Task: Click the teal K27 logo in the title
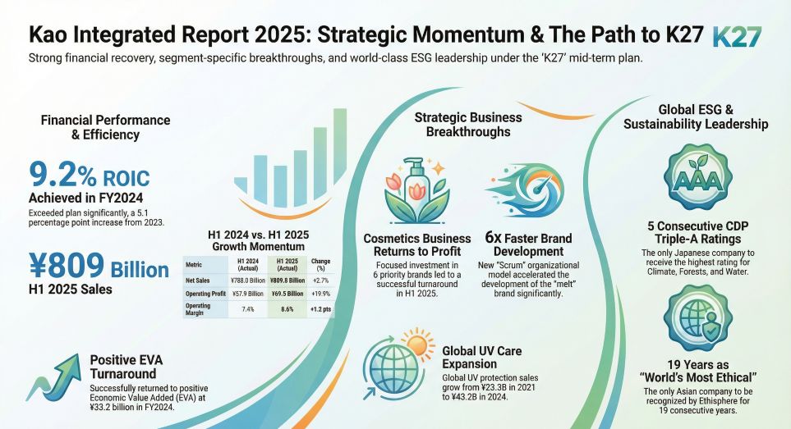pos(737,36)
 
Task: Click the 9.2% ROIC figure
pos(90,176)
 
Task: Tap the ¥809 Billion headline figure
pos(99,267)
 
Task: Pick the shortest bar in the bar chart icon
pos(241,185)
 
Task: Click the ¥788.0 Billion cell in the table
pos(248,281)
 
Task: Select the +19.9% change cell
pos(321,294)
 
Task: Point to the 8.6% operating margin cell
pos(287,309)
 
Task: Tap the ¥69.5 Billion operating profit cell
pos(287,294)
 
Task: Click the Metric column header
pos(194,264)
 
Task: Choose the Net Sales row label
pos(197,281)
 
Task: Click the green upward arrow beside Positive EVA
pos(53,377)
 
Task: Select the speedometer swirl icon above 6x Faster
pos(525,189)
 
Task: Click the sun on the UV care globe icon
pos(418,344)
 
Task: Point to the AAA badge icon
pos(697,177)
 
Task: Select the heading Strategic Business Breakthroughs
pos(468,125)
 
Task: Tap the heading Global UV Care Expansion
pos(482,358)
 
